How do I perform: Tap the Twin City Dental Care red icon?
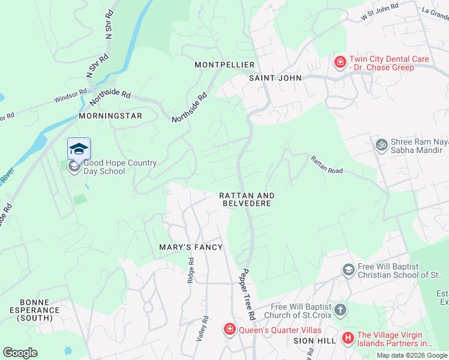point(340,62)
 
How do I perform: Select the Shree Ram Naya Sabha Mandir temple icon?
point(381,145)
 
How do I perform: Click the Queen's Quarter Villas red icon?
point(229,329)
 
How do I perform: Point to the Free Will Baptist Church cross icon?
point(340,310)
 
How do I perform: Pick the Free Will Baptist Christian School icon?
point(348,270)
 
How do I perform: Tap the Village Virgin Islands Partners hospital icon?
point(348,338)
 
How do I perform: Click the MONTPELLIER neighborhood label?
point(225,65)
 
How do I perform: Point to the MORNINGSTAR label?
point(110,115)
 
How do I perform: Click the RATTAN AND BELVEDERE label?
point(247,200)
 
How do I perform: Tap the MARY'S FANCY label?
point(191,247)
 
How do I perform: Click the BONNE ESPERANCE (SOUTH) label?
point(40,310)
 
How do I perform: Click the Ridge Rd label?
point(191,271)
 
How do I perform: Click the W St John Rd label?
point(380,14)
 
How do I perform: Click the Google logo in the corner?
point(20,353)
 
